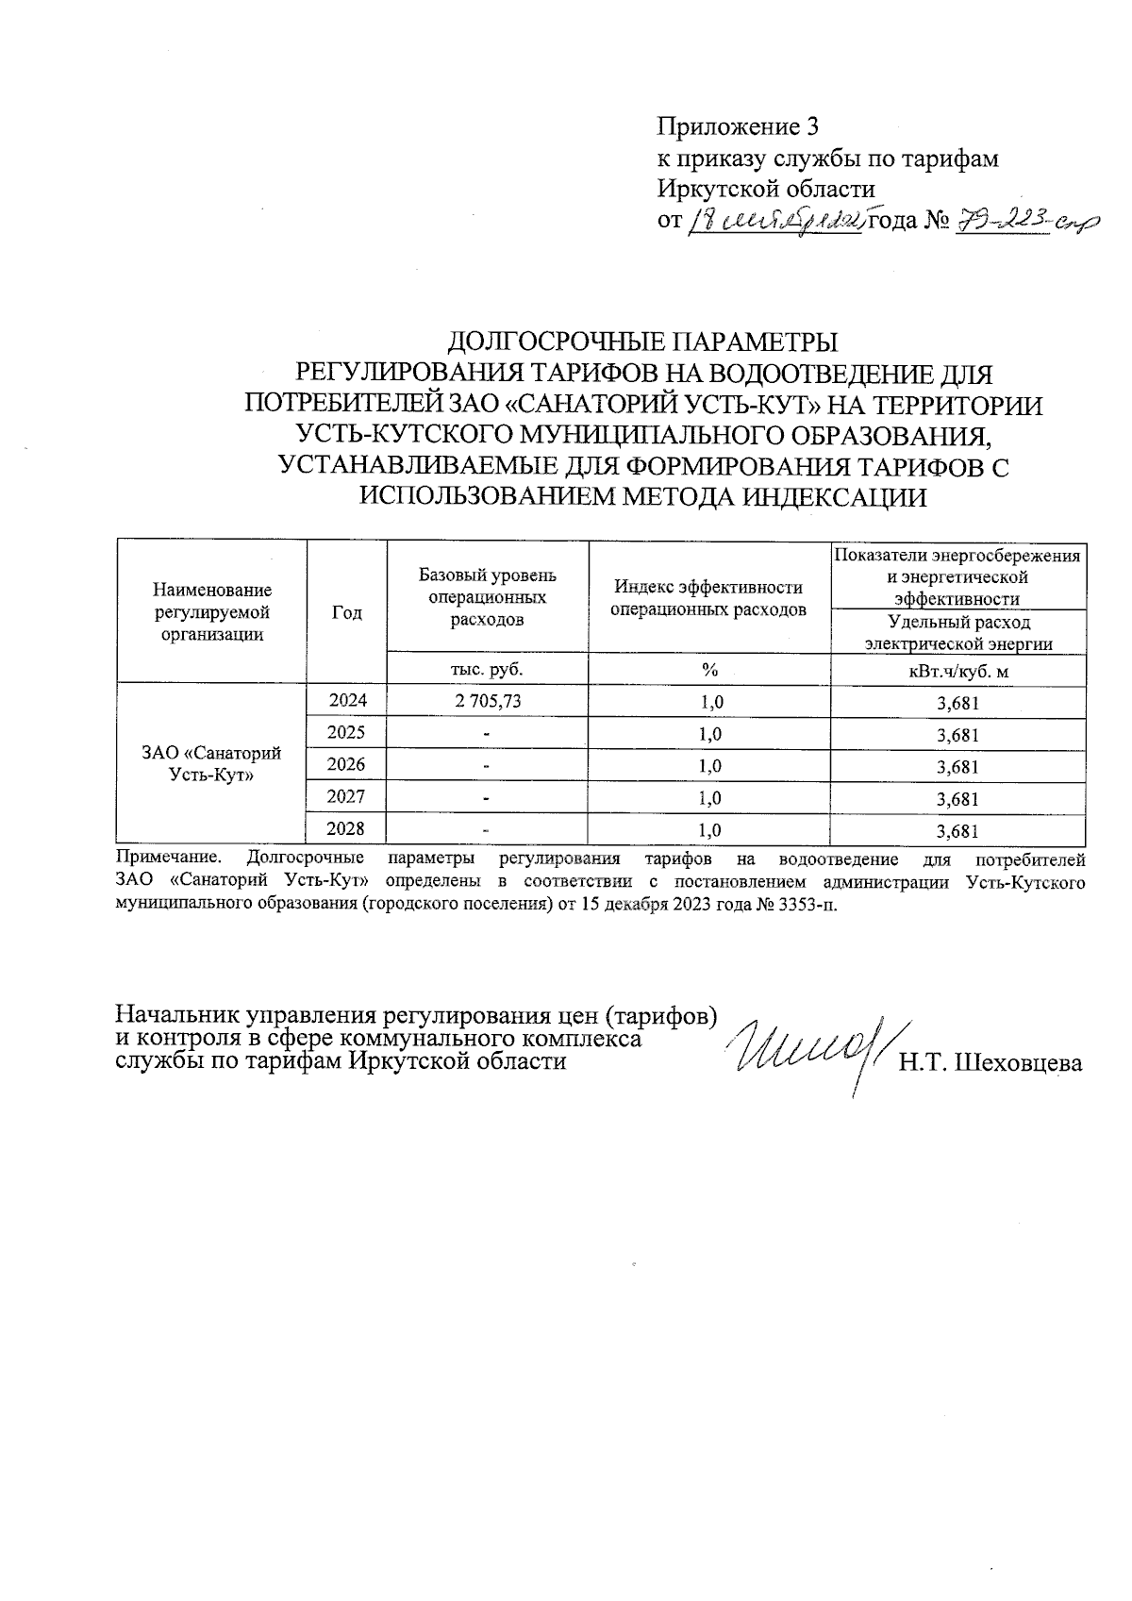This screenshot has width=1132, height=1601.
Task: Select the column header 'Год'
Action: (x=347, y=612)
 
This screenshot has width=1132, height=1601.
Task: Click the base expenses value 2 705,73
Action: (x=487, y=701)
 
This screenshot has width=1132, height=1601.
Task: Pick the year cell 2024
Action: (x=346, y=700)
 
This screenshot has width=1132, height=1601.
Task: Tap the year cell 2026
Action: (x=346, y=764)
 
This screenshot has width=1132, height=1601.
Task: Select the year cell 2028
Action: (x=346, y=828)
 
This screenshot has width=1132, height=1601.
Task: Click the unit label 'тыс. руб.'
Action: (x=487, y=669)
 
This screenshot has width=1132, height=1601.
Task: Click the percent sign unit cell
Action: (x=709, y=669)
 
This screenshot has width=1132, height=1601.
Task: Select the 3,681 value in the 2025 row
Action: (x=957, y=735)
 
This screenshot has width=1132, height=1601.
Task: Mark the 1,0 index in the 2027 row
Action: (x=709, y=798)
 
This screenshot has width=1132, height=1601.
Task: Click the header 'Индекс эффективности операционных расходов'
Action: (x=709, y=598)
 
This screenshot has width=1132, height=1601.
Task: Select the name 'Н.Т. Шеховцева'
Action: (x=990, y=1063)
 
